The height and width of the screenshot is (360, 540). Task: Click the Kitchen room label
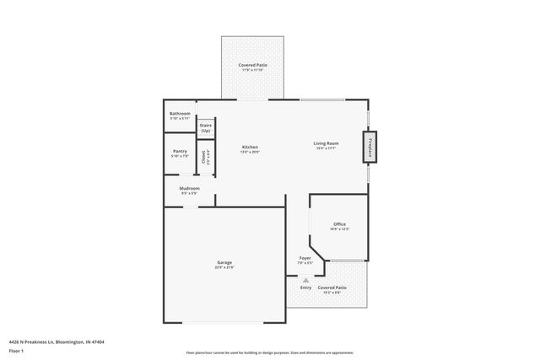click(250, 147)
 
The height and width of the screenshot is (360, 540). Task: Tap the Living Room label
click(326, 144)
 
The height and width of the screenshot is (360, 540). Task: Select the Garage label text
click(224, 262)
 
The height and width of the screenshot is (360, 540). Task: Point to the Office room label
click(339, 223)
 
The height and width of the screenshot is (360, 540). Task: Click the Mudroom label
click(189, 188)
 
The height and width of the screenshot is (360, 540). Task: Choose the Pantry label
click(180, 151)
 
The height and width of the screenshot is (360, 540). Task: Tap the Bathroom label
click(180, 114)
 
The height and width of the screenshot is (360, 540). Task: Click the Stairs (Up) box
click(205, 127)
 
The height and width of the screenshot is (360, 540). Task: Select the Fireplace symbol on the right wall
click(370, 147)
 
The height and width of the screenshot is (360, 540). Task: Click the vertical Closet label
click(203, 157)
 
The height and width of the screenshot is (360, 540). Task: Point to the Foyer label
click(305, 258)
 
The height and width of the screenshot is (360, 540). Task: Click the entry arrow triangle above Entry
click(305, 280)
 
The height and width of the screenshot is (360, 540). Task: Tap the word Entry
click(305, 287)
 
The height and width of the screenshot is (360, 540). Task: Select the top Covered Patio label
click(253, 65)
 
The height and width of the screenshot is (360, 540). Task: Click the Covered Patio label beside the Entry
click(332, 287)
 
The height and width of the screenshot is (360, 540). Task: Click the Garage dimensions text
click(224, 268)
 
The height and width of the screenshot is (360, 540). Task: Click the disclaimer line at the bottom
click(269, 352)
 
